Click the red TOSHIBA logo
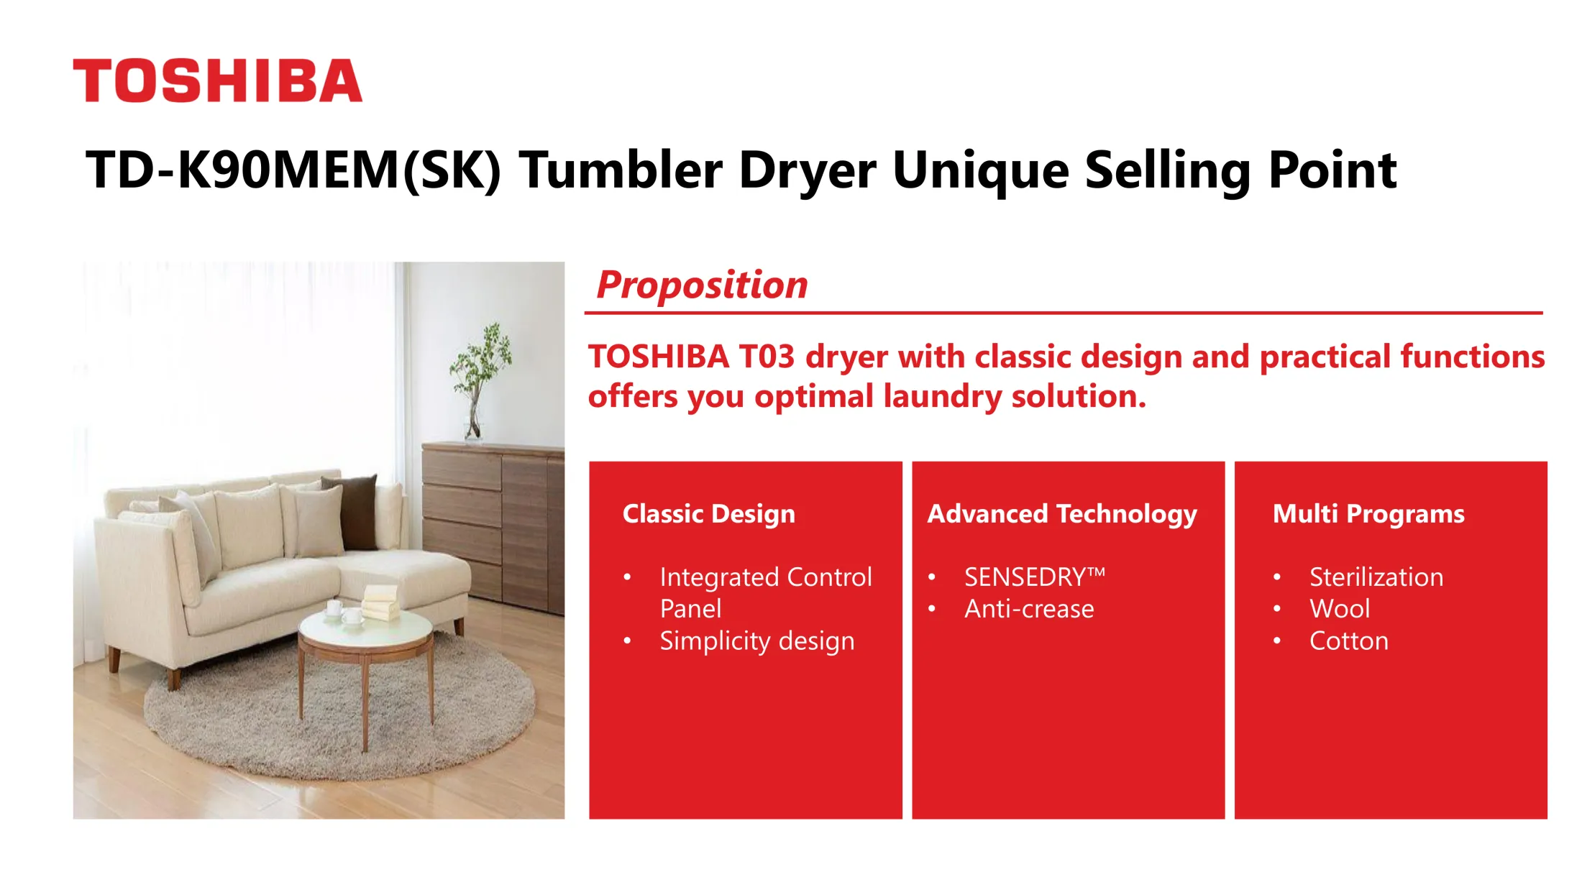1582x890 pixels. (217, 81)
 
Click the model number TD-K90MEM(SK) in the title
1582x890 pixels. (293, 170)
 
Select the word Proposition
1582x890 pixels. (703, 285)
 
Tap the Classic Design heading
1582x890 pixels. (709, 514)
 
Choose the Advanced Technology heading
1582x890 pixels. (1062, 514)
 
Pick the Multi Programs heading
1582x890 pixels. (1368, 514)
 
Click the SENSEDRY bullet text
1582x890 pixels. (1035, 577)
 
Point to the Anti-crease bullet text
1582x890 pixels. (1029, 609)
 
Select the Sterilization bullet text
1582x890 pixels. (1376, 577)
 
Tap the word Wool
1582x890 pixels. (1340, 609)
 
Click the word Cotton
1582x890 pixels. (1349, 641)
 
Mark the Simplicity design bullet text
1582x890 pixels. (757, 641)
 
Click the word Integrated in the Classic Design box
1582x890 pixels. (720, 577)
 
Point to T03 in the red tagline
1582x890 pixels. (767, 357)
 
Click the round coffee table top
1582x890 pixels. (366, 628)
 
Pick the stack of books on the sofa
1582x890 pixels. (380, 602)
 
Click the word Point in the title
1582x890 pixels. (1332, 170)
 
